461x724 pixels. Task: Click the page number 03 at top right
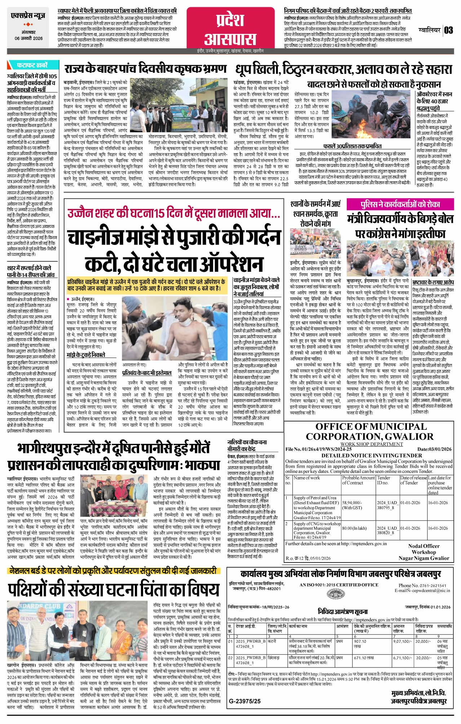[448, 30]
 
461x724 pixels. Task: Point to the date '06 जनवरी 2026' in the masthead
[28, 38]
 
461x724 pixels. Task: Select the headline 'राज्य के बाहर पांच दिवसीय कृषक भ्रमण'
[146, 69]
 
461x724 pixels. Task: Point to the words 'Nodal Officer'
[424, 546]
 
